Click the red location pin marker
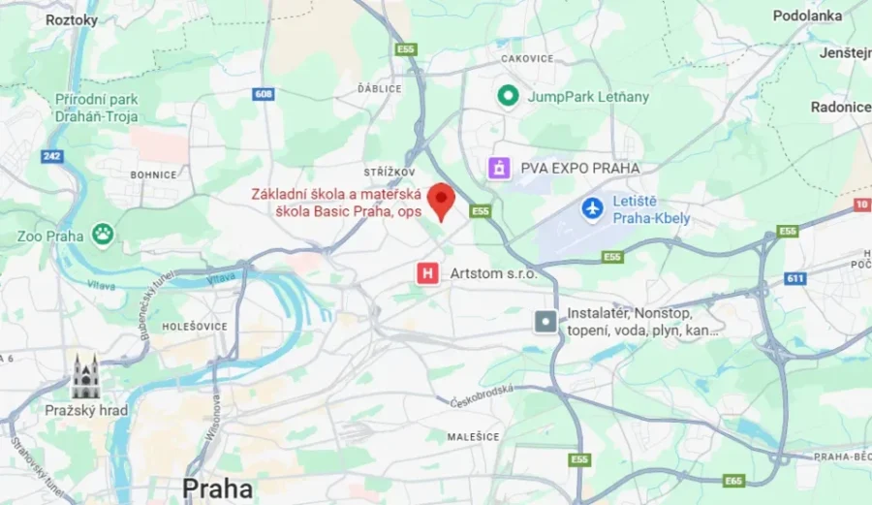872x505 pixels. click(442, 201)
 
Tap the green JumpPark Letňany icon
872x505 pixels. click(507, 96)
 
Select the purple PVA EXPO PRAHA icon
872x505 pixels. click(499, 168)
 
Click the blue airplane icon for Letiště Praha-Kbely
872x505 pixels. click(592, 207)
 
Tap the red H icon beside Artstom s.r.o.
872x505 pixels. click(426, 273)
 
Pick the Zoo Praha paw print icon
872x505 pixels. click(103, 234)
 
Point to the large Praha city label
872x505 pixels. click(217, 487)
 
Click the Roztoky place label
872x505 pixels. click(72, 19)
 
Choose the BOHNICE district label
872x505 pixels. click(153, 174)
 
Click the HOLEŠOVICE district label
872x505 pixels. click(194, 327)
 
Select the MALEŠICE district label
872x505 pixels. click(473, 437)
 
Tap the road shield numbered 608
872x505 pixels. click(264, 94)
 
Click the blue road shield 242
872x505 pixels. click(51, 156)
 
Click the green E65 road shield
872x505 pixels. click(733, 480)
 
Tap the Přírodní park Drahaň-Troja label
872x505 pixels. click(83, 108)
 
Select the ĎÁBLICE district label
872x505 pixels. click(379, 88)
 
